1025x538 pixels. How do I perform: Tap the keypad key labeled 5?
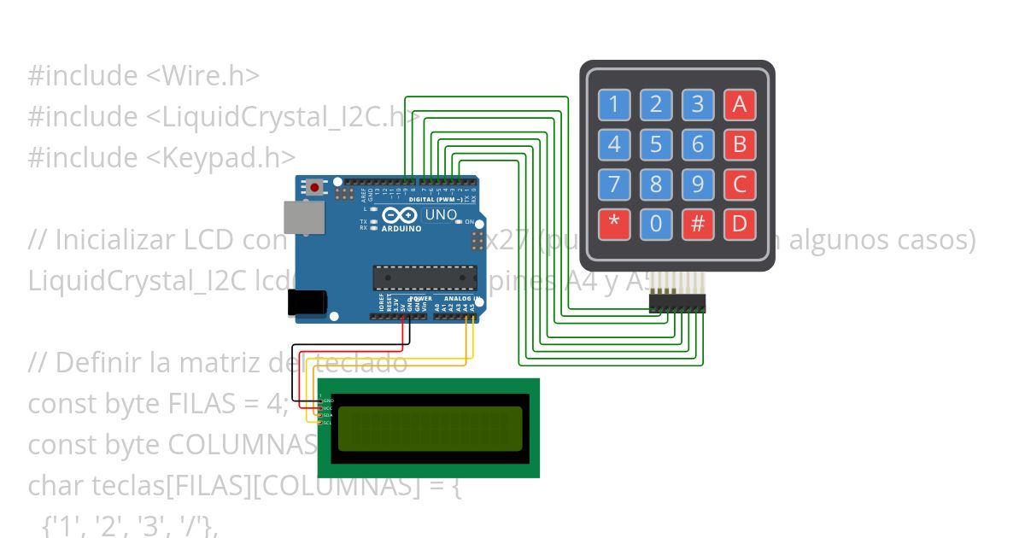coord(656,144)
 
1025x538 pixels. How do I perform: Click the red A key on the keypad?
coord(740,105)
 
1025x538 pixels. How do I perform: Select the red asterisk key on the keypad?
coord(613,225)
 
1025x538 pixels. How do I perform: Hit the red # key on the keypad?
coord(698,225)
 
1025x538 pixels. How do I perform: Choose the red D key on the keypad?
coord(740,225)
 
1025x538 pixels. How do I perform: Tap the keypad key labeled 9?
coord(698,184)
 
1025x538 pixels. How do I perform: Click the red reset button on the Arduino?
coord(315,187)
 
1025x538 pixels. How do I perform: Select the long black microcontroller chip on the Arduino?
coord(425,278)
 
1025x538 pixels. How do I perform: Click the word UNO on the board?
coord(441,214)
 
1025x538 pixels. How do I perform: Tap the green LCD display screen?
coord(429,429)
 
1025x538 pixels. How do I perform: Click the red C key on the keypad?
coord(740,184)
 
